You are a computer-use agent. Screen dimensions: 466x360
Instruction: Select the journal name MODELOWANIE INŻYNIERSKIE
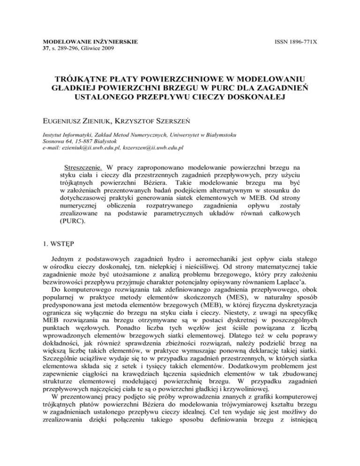[87, 42]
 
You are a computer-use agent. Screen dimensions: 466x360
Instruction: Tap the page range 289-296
[66, 49]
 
